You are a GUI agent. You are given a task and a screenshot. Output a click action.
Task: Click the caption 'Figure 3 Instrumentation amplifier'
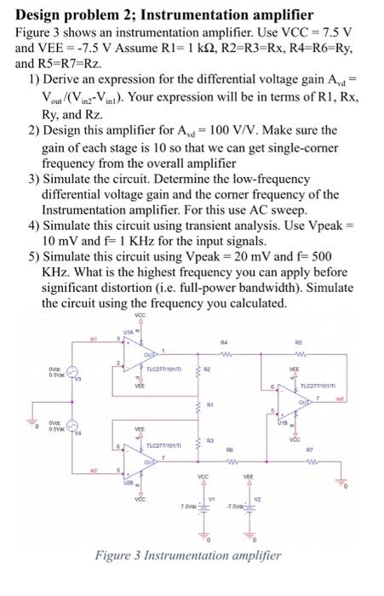(x=187, y=578)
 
